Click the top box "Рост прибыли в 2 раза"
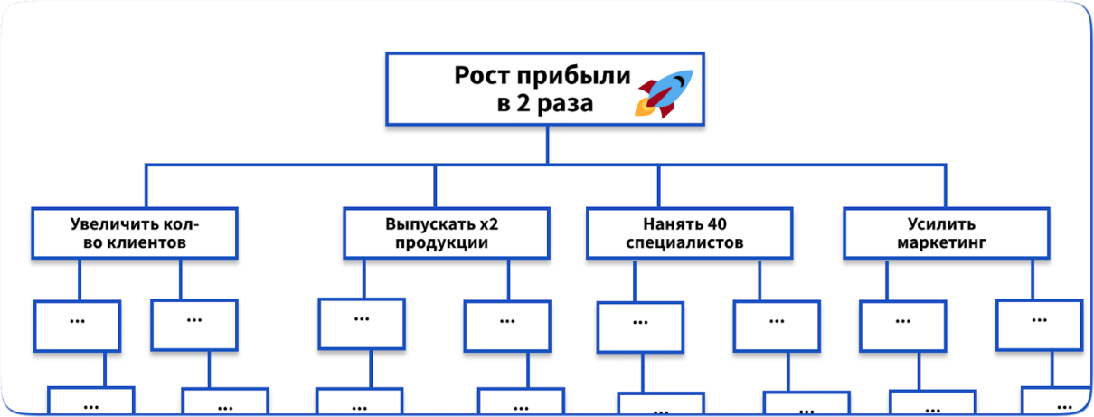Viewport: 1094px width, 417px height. click(545, 89)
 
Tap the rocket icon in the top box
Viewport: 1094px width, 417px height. click(665, 92)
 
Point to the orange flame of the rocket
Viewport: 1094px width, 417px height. click(644, 109)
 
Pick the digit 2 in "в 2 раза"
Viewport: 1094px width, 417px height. click(522, 103)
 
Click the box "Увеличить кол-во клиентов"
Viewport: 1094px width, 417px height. click(135, 233)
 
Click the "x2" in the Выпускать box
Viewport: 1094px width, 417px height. click(489, 223)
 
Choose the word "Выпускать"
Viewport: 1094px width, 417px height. click(429, 223)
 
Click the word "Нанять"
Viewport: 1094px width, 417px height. click(669, 223)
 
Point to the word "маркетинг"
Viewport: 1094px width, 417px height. click(941, 243)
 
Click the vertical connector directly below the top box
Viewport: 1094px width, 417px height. click(547, 145)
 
